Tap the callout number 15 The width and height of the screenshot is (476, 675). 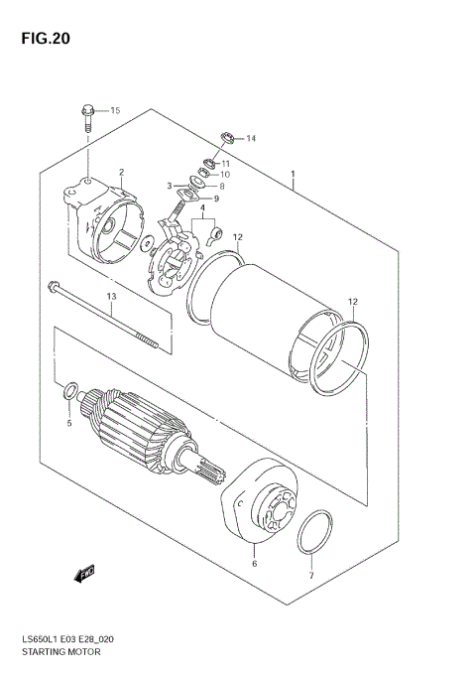click(x=114, y=109)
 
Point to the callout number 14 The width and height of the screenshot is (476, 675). click(x=250, y=138)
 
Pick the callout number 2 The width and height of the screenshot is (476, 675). click(x=121, y=173)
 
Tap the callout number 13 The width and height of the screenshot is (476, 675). click(x=111, y=296)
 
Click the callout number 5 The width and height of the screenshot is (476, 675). click(x=69, y=424)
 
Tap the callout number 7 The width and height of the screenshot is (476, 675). click(x=310, y=576)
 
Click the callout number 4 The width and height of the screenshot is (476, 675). click(x=200, y=208)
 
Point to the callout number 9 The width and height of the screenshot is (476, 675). click(x=216, y=199)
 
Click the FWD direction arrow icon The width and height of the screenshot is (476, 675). click(x=85, y=573)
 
